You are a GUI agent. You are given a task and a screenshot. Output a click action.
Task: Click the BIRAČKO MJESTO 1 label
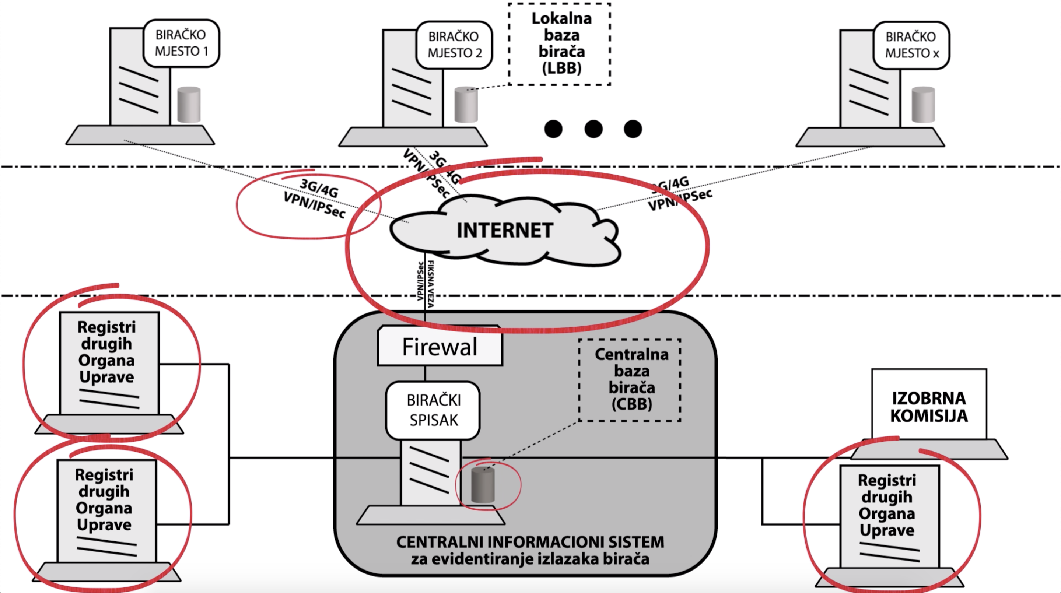click(x=181, y=43)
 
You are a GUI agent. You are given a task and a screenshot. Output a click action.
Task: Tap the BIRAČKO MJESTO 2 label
click(x=454, y=45)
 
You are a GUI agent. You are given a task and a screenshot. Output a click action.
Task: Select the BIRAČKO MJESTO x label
click(x=911, y=45)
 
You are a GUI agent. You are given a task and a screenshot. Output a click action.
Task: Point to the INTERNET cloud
click(x=505, y=231)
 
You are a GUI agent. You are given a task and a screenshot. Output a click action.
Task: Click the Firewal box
click(x=440, y=346)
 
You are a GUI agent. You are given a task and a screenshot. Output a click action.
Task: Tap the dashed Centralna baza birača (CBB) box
click(x=631, y=380)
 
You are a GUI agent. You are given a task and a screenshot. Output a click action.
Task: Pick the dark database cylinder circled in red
click(x=483, y=485)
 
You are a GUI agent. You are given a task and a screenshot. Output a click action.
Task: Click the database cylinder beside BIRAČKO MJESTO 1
click(x=189, y=105)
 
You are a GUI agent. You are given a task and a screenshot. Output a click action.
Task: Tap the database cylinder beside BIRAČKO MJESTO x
click(x=923, y=105)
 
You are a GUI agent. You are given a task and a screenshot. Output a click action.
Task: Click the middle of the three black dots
click(x=593, y=129)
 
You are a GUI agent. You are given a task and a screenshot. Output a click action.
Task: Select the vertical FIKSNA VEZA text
click(x=431, y=284)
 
